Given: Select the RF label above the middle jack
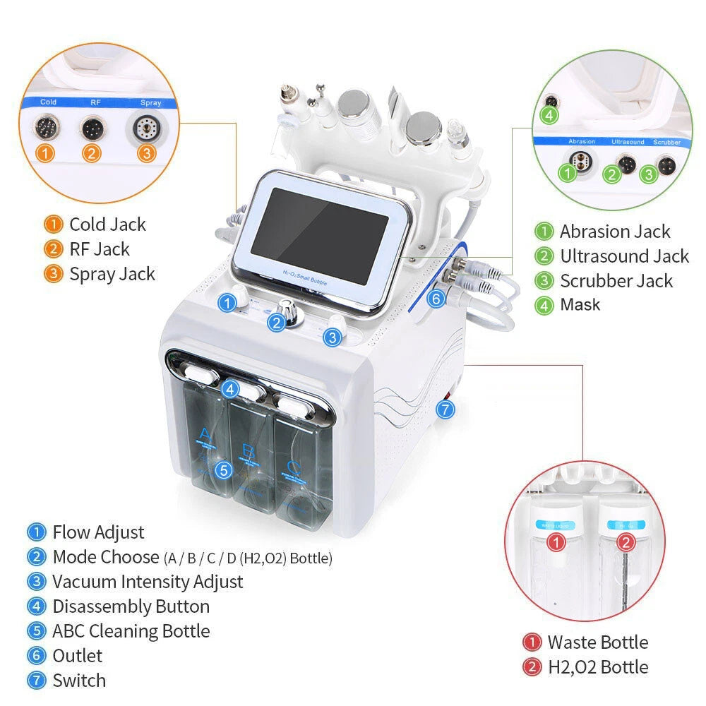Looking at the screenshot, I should point(95,102).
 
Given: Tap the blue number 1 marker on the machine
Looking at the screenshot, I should point(227,303).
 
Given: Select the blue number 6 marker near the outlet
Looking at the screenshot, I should point(436,299).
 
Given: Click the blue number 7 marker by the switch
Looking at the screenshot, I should point(443,408).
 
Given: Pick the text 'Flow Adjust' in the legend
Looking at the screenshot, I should point(98,532).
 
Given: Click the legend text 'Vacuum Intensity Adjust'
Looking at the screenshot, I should point(148,582).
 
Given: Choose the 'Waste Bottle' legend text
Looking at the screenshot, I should point(597,642).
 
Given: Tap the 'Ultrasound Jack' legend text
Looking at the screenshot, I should point(624,256).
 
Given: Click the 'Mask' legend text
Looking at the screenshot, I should point(580,305).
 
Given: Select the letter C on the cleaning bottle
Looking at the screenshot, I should point(292,467).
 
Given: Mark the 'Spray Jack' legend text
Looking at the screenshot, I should point(112,274).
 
